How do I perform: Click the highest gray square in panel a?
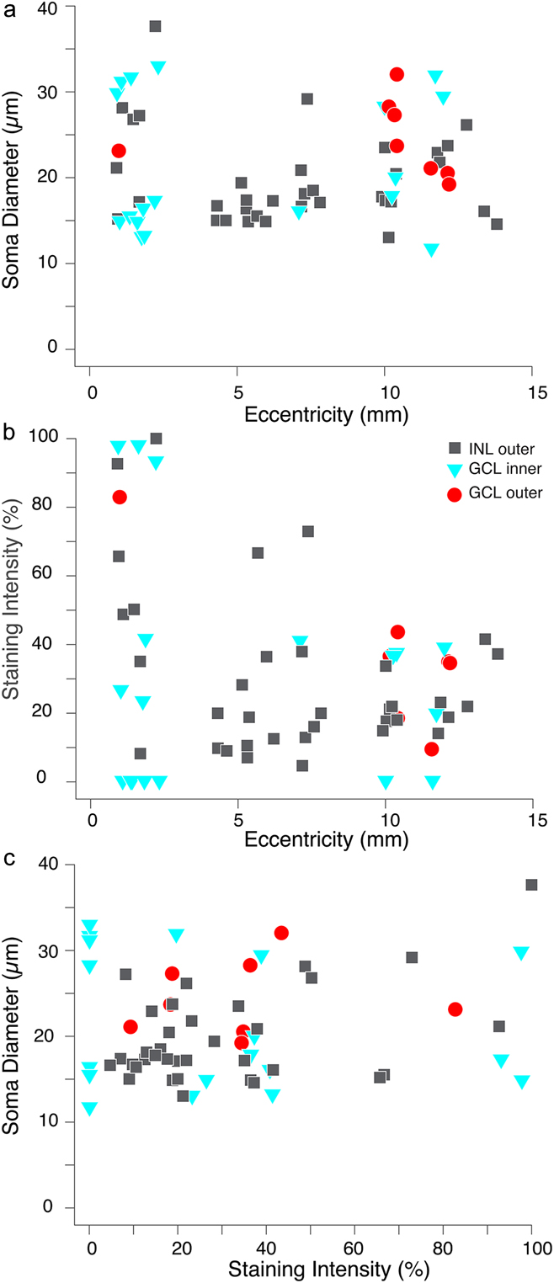pos(155,26)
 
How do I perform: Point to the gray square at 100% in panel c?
pos(531,885)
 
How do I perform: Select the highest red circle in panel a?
pos(397,74)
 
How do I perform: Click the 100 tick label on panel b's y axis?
pos(63,438)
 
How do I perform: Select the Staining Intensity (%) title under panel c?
pos(310,1264)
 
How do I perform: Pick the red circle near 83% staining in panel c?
pos(455,1009)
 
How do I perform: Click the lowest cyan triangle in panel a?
pos(431,250)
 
